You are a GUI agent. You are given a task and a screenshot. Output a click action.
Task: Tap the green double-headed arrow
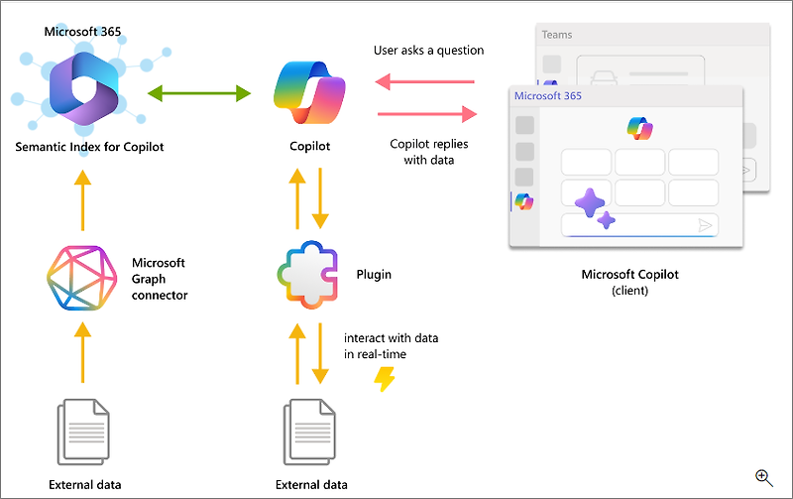point(198,94)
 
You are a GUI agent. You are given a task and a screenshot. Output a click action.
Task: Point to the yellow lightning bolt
point(384,378)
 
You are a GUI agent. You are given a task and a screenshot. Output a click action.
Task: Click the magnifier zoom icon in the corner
point(764,477)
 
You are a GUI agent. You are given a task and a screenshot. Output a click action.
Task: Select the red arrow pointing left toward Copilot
point(426,82)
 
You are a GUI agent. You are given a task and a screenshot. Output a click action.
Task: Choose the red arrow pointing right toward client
point(426,114)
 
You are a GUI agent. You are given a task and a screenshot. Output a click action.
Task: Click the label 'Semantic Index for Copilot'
point(89,147)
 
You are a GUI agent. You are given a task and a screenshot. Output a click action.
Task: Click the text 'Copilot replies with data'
point(429,151)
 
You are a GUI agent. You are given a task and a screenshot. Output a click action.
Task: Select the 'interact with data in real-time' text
point(391,346)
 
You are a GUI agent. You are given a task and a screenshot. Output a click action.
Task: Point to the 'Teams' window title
point(557,35)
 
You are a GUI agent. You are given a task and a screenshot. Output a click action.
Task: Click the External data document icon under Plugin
point(311,432)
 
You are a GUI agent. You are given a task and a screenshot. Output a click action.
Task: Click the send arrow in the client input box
point(705,226)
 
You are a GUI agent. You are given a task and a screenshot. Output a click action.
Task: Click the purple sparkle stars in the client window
point(594,207)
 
